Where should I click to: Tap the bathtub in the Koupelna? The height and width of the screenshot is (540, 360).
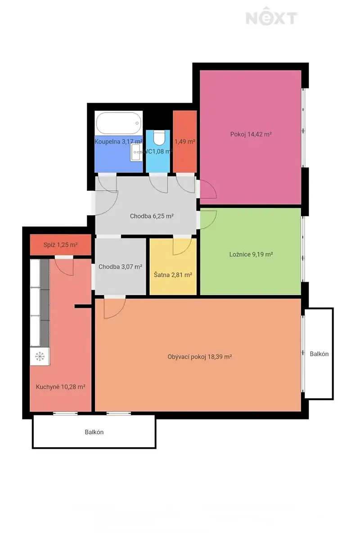[119, 123]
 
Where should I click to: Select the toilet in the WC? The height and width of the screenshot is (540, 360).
[159, 138]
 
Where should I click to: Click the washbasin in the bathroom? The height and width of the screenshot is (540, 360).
[136, 153]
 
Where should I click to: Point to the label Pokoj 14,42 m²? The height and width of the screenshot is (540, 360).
[251, 134]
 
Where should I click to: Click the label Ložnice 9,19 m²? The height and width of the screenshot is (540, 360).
[251, 254]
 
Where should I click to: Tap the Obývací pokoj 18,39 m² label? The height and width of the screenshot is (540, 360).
[200, 357]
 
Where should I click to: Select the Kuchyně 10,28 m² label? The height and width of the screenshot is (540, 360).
[60, 387]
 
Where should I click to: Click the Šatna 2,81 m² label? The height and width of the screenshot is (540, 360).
[173, 275]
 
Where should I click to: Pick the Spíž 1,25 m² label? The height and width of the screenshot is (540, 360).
[60, 245]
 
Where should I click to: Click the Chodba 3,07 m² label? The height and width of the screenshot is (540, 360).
[120, 267]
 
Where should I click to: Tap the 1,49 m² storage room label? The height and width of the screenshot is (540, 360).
[184, 141]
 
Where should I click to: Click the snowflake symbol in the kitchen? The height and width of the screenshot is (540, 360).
[40, 356]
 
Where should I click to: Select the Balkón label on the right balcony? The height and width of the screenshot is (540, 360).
[319, 354]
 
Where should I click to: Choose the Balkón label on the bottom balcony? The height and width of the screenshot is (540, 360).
[94, 432]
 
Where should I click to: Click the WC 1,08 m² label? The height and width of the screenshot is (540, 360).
[158, 151]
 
